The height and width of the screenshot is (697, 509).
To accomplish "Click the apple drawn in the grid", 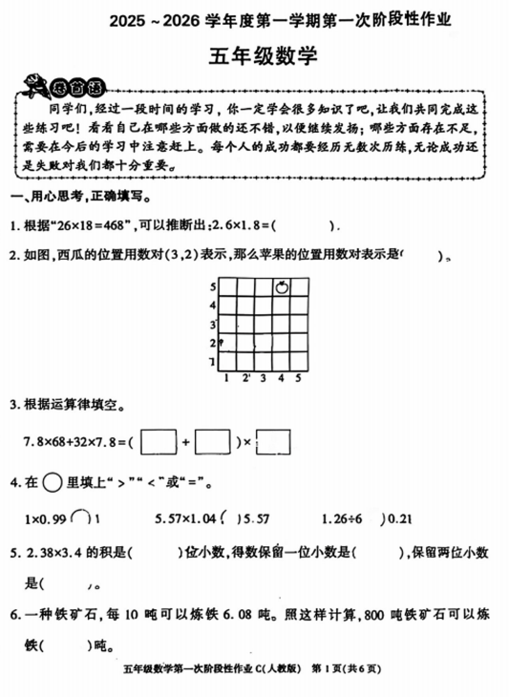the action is [x=282, y=285].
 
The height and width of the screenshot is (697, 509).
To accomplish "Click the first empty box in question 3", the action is [x=163, y=442].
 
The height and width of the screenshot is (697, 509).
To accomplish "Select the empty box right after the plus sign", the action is [x=215, y=442].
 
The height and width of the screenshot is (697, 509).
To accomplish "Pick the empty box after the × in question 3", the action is [x=274, y=442].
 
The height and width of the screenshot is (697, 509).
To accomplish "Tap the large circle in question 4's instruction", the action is [x=54, y=482].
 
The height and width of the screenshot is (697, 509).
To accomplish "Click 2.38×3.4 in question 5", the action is [x=56, y=552].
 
